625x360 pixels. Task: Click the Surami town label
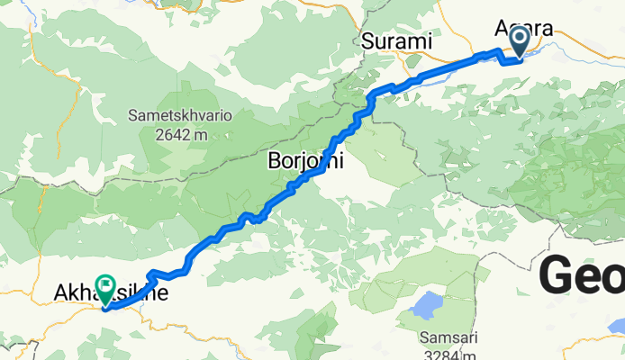point(396,41)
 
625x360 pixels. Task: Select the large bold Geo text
point(582,274)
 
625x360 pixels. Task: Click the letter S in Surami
point(367,41)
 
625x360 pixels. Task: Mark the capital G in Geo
point(558,274)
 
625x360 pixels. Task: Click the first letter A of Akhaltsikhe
point(61,293)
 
